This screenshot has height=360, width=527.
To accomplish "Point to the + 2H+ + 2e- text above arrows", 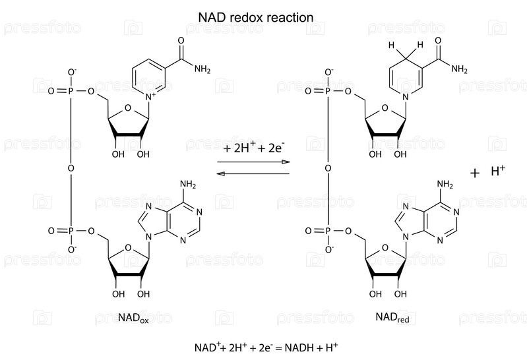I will [253, 148].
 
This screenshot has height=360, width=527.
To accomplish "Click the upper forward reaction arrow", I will [253, 162].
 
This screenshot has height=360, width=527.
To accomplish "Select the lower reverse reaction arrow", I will [253, 173].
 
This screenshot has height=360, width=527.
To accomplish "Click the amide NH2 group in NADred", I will [459, 68].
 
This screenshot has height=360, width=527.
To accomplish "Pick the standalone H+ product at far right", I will [498, 171].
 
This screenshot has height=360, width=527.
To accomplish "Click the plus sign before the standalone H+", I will [474, 173].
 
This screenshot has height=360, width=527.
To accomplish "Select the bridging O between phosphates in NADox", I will [71, 167].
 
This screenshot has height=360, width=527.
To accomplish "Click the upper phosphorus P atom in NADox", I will [71, 91].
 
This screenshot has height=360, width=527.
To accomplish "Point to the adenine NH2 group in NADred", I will [445, 185].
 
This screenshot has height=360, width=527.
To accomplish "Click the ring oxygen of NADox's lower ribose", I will [128, 250].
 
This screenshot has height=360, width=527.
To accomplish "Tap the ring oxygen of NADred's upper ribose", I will [384, 110].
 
